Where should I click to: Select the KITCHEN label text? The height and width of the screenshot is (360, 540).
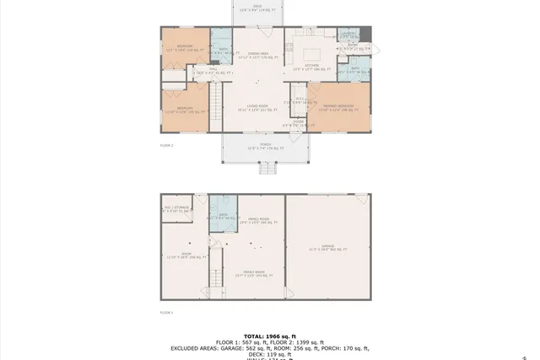point(310,65)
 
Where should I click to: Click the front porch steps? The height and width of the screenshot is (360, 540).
point(267,168)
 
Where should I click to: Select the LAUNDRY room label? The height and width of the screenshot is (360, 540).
point(348,35)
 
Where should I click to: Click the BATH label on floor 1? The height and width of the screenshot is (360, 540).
point(223,216)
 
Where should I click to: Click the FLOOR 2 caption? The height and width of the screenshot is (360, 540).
point(167,145)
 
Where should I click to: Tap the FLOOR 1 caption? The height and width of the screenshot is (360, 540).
point(167,312)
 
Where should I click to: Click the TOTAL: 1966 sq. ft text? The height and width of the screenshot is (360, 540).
point(270,336)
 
